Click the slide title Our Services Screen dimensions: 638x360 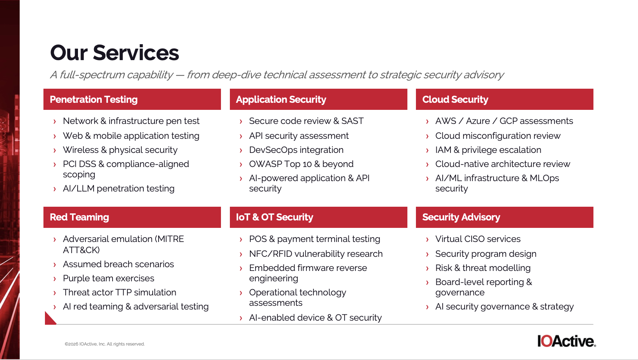pyautogui.click(x=114, y=53)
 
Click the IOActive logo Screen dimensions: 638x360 pyautogui.click(x=567, y=341)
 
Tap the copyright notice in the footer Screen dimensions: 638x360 pyautogui.click(x=105, y=344)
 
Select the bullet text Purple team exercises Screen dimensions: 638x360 pyautogui.click(x=108, y=278)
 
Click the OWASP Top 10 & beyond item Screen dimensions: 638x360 pyautogui.click(x=301, y=164)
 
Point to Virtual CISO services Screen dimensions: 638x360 pyautogui.click(x=478, y=239)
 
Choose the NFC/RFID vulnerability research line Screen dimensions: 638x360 pyautogui.click(x=316, y=254)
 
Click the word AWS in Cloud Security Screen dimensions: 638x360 pyautogui.click(x=446, y=121)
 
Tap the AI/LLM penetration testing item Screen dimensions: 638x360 pyautogui.click(x=118, y=189)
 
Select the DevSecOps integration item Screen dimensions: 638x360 pyautogui.click(x=296, y=150)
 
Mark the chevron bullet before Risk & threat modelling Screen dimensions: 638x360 pyautogui.click(x=427, y=268)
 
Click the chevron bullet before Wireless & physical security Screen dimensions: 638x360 pyautogui.click(x=55, y=150)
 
